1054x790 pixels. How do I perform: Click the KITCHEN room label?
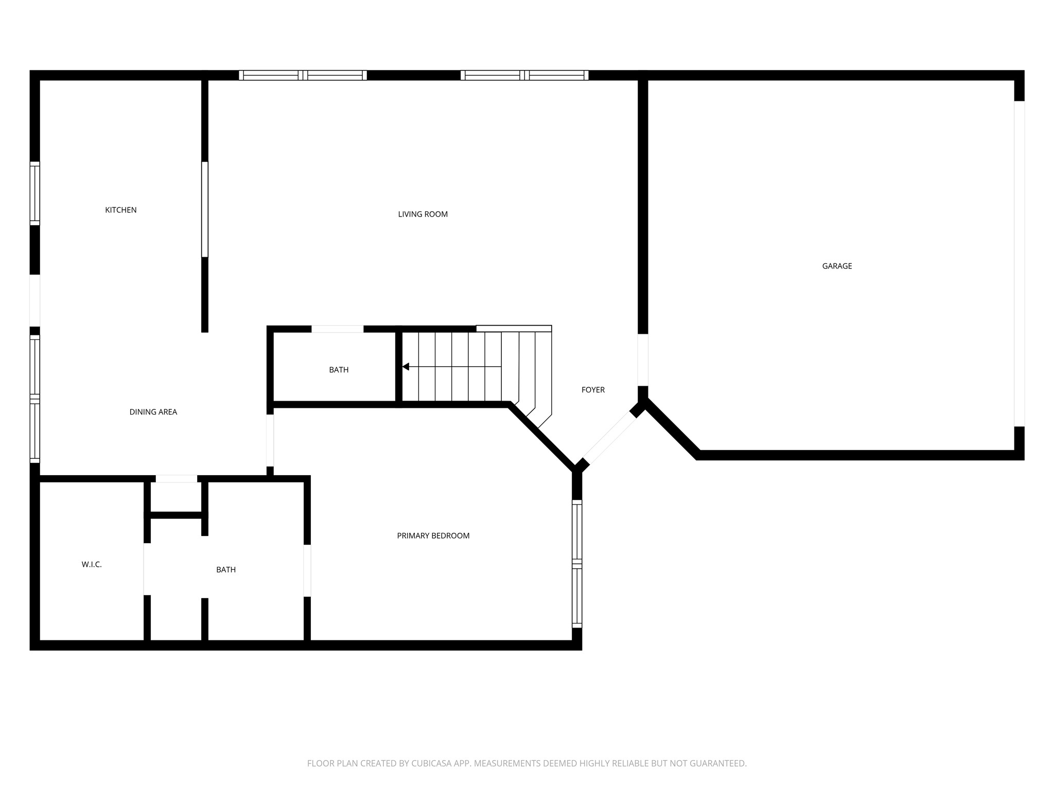coord(120,210)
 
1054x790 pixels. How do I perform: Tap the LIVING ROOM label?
coord(423,214)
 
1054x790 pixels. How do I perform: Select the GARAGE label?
coord(837,266)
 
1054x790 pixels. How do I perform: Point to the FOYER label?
coord(593,390)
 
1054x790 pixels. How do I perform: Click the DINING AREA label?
coord(153,412)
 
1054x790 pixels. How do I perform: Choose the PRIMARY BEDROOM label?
coord(433,536)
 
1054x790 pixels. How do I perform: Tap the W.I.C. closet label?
coord(92,565)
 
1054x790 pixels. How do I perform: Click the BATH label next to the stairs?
coord(339,370)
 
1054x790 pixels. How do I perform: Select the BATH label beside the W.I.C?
coord(226,570)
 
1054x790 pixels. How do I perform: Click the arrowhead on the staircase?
coord(406,367)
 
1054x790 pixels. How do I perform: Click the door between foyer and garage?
coord(643,360)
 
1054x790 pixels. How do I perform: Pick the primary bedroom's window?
coord(577,564)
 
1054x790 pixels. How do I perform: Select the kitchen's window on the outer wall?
coord(34,193)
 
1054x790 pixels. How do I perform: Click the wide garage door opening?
coord(1019,263)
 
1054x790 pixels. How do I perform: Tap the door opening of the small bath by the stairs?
coord(337,329)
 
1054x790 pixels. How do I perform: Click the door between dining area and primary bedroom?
coord(270,440)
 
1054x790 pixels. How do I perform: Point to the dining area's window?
coord(34,399)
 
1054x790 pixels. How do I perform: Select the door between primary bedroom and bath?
coord(307,570)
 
